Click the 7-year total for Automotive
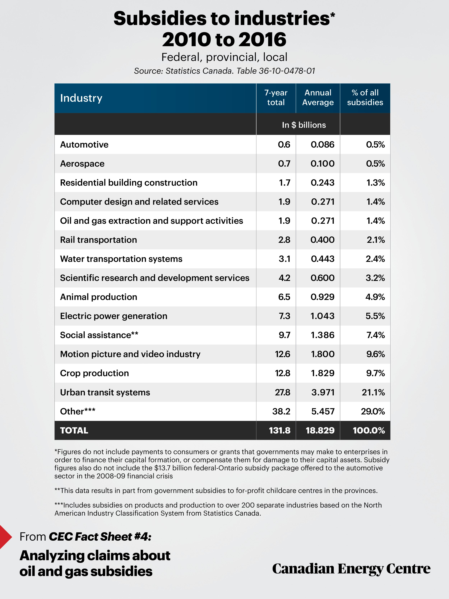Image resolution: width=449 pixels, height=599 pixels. [x=284, y=145]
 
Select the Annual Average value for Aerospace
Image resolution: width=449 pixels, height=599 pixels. [x=322, y=164]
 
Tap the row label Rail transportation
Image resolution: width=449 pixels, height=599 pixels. [x=99, y=240]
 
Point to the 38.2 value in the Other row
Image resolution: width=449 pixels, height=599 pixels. [x=281, y=411]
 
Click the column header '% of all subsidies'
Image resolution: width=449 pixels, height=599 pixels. [x=365, y=97]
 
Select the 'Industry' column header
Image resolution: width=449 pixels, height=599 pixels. [x=81, y=98]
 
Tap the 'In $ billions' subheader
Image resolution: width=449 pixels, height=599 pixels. [x=304, y=125]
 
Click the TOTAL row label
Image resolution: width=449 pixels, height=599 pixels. [x=74, y=431]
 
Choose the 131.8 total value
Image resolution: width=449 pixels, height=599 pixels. [x=280, y=431]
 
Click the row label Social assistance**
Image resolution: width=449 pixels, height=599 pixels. [x=99, y=335]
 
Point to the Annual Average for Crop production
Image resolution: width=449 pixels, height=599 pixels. [x=323, y=373]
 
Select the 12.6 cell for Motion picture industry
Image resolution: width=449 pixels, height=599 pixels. [x=283, y=354]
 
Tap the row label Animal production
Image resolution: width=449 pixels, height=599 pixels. [x=99, y=297]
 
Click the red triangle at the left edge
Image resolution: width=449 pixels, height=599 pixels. [x=5, y=537]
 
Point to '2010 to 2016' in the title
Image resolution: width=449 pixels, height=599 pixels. [x=224, y=40]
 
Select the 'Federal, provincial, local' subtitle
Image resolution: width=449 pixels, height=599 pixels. [x=224, y=57]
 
